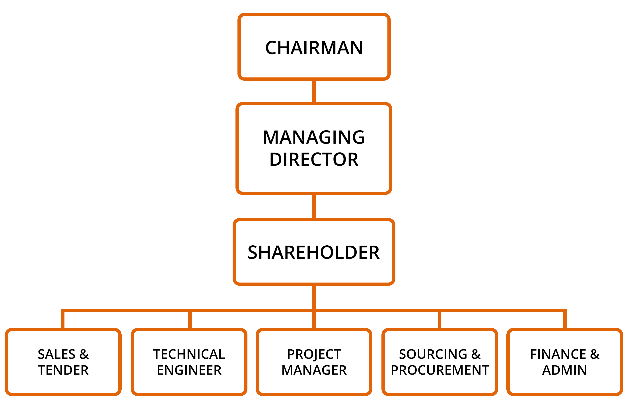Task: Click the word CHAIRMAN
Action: click(x=314, y=48)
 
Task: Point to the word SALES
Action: click(x=56, y=354)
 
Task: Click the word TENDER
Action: click(x=63, y=370)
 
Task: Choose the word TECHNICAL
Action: click(x=189, y=354)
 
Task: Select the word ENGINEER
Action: click(x=189, y=370)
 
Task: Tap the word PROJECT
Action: click(x=314, y=354)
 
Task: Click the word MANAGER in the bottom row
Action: click(x=314, y=370)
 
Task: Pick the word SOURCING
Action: click(x=433, y=354)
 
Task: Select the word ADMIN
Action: click(x=565, y=370)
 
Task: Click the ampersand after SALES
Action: click(x=84, y=354)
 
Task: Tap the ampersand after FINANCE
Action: click(x=595, y=354)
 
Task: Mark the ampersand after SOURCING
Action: click(x=476, y=354)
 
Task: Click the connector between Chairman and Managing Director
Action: click(x=314, y=91)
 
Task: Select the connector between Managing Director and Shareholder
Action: click(x=314, y=206)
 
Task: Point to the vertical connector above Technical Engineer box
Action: click(x=190, y=320)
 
